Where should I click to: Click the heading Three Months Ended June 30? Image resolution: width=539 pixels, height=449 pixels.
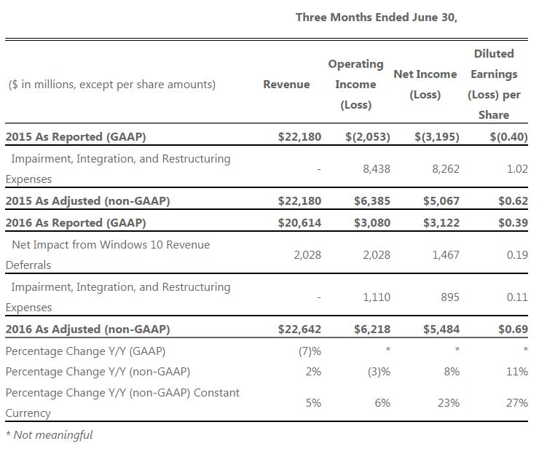tap(377, 17)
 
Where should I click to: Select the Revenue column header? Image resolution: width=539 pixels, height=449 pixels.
tap(286, 85)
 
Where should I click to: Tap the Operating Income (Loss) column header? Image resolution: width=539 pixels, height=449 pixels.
tap(355, 85)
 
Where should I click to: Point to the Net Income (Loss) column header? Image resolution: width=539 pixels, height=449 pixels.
tap(425, 85)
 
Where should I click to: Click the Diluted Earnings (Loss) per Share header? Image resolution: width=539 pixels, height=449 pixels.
tap(494, 85)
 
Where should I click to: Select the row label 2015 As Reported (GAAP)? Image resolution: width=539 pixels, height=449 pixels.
tap(76, 136)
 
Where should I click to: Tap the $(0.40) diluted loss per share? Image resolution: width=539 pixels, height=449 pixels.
tap(508, 136)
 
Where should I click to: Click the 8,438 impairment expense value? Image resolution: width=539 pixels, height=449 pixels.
tap(377, 169)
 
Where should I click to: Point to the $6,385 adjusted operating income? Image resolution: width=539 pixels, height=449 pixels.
tap(372, 200)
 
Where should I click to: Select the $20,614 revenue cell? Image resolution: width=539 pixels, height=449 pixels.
tap(300, 222)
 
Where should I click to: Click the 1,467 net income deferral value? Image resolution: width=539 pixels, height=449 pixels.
tap(446, 255)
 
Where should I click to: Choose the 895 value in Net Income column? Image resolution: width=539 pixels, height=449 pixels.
tap(450, 297)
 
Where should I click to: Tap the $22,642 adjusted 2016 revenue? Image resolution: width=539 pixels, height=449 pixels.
tap(300, 329)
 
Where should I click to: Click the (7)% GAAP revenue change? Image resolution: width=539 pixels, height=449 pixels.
tap(310, 351)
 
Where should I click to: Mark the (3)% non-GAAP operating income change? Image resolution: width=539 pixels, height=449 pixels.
tap(379, 372)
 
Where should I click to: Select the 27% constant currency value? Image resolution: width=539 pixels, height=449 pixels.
tap(517, 402)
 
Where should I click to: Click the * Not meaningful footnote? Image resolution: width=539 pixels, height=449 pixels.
tap(49, 435)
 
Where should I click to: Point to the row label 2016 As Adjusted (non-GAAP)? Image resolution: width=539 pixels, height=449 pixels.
tap(87, 329)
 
